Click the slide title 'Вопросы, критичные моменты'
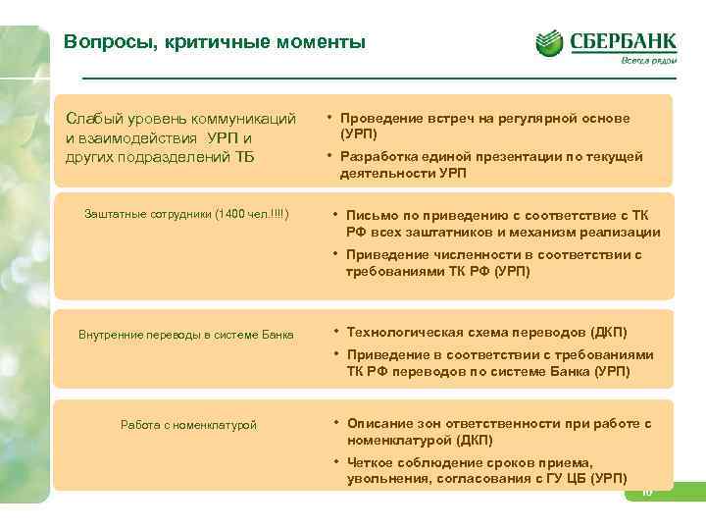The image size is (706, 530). click(214, 42)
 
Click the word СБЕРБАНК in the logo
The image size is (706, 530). click(624, 40)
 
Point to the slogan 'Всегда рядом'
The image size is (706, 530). click(649, 61)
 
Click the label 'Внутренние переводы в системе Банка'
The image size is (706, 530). click(186, 334)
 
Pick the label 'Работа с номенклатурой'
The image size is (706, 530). click(188, 424)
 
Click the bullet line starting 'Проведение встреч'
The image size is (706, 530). click(484, 118)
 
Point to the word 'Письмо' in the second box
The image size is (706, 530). click(370, 215)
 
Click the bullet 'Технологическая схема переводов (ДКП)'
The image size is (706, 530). click(486, 332)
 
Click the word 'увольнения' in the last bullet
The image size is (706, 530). click(384, 478)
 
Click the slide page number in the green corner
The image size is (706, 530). click(647, 493)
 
